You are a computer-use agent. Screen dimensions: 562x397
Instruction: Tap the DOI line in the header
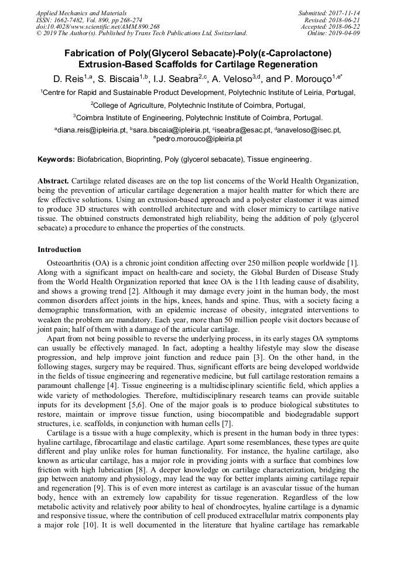[98, 26]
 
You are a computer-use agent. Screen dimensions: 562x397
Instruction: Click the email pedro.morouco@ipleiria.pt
[200, 139]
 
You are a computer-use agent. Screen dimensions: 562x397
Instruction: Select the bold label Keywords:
[56, 159]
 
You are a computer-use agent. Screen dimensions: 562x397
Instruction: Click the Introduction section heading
[59, 250]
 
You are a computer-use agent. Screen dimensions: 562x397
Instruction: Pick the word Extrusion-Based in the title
[111, 64]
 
